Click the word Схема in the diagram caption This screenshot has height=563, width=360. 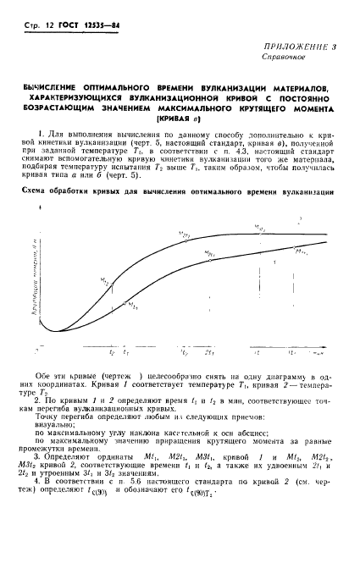33,192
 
